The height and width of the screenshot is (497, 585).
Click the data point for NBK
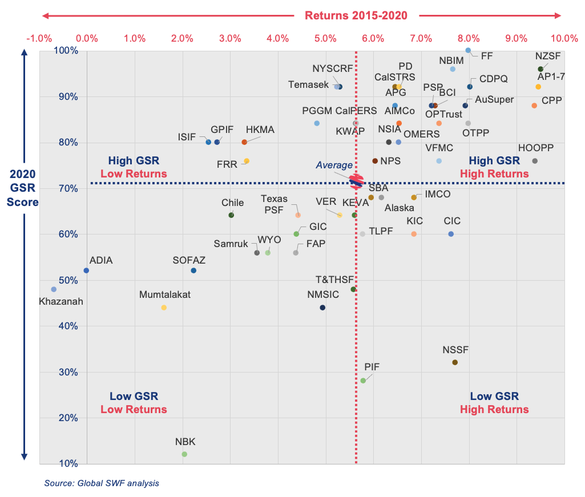coord(184,454)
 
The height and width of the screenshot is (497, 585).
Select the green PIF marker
coord(363,381)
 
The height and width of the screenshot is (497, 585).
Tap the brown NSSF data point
coord(455,362)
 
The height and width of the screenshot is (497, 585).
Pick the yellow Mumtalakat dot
coord(164,308)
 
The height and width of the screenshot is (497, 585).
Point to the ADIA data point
coord(86,270)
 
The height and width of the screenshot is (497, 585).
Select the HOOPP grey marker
coord(535,161)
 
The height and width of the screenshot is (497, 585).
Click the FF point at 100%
coord(468,50)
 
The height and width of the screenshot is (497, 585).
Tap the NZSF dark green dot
coord(540,69)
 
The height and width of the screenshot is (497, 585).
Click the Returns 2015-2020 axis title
coord(356,15)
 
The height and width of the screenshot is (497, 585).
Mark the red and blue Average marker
coord(356,181)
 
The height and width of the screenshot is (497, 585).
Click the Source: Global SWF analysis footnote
coord(102,483)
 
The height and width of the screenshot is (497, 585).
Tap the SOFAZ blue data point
coord(193,270)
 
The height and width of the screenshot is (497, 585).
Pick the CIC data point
coord(451,234)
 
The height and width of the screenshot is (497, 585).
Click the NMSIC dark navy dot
coord(322,308)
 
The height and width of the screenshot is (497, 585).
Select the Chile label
coord(232,203)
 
